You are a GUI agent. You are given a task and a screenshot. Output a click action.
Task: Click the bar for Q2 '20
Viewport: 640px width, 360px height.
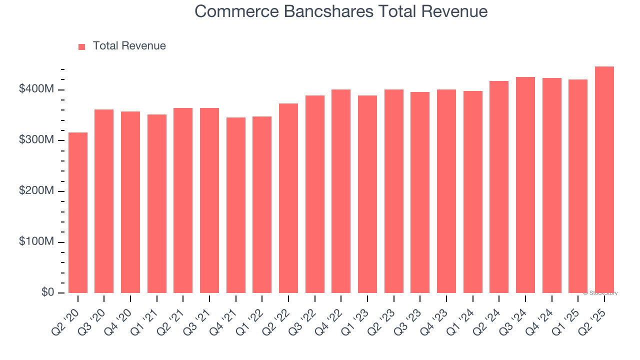[x=78, y=212]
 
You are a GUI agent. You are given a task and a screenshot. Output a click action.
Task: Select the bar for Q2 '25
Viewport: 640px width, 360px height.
[x=604, y=179]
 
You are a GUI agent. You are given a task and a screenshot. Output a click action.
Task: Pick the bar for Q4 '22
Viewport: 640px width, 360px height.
[x=341, y=191]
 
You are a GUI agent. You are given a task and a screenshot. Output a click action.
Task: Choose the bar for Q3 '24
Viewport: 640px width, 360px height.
[x=525, y=185]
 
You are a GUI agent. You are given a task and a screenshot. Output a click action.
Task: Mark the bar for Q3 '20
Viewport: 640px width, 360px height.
[x=104, y=201]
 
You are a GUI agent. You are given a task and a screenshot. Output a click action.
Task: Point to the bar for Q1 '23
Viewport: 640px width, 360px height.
[x=367, y=194]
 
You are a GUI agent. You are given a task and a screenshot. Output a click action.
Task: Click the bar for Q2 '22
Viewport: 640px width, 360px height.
[x=288, y=198]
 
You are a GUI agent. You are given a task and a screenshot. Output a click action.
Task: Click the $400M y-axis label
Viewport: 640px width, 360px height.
[x=36, y=89]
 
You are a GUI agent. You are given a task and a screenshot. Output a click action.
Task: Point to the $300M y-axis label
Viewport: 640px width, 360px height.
[x=36, y=140]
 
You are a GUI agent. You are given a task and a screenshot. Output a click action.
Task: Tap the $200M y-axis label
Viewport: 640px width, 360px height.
[x=36, y=191]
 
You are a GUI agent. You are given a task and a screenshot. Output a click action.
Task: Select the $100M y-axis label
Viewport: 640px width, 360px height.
[x=36, y=242]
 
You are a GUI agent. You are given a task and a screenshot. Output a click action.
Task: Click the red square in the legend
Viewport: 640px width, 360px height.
[x=82, y=46]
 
